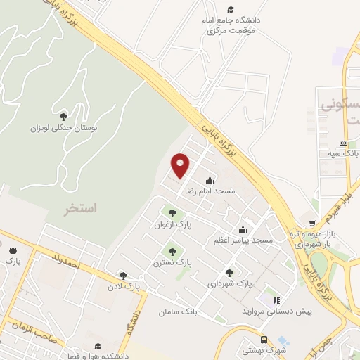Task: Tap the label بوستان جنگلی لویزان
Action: tap(65, 128)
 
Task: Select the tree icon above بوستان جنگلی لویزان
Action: tap(64, 116)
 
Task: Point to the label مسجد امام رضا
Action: tap(210, 191)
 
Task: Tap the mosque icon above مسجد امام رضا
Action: tap(210, 180)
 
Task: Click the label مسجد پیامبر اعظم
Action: tap(243, 240)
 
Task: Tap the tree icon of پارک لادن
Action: tap(124, 276)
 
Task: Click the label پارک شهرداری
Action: tap(229, 283)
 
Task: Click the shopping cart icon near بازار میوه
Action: tap(303, 224)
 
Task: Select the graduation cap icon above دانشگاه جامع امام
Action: tap(231, 9)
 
